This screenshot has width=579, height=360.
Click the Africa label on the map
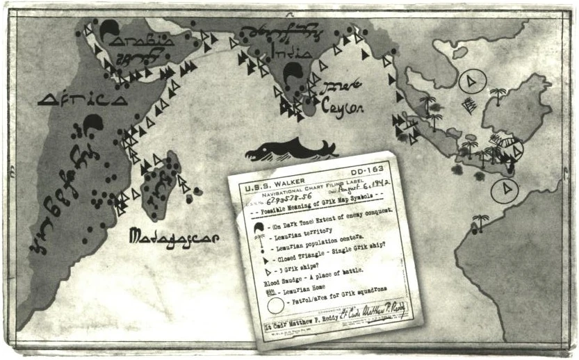[82, 99]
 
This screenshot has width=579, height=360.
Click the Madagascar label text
[174, 238]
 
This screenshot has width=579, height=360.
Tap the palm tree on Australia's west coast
[478, 222]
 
